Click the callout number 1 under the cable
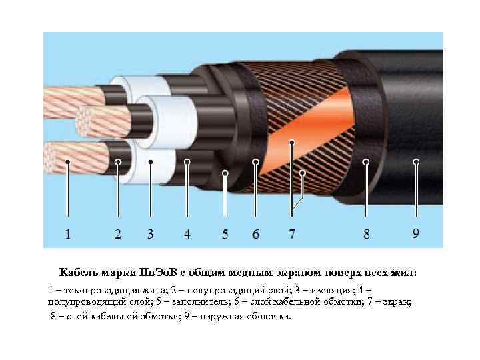(67, 234)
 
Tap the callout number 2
(118, 234)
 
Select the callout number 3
(150, 234)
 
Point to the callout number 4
(187, 234)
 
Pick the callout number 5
(225, 234)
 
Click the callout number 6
(255, 234)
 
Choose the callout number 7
(292, 234)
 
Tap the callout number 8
(366, 234)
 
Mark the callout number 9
(415, 233)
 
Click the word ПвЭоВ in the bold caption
(158, 272)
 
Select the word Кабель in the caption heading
(79, 272)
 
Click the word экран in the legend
(396, 302)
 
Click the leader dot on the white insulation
(150, 161)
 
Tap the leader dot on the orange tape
(292, 142)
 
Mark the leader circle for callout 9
(416, 161)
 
